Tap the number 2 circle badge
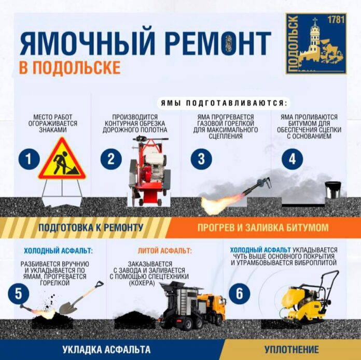point(110,159)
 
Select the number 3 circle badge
point(201,159)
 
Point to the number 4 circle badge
point(292,159)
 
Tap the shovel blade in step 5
point(72,300)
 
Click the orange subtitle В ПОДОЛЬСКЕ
point(70,68)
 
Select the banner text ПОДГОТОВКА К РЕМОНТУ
point(91,228)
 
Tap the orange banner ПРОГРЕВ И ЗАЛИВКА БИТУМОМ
point(262,228)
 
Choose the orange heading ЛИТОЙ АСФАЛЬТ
point(164,251)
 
